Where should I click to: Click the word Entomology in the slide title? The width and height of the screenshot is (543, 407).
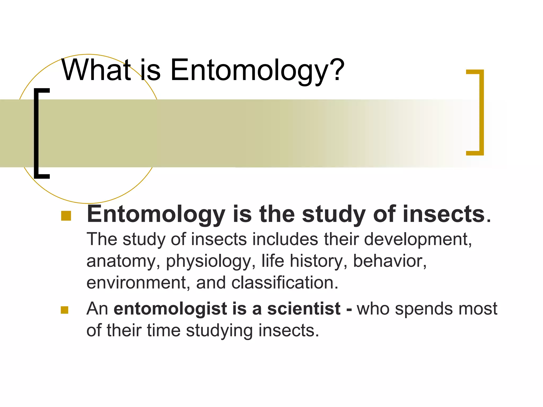(x=249, y=70)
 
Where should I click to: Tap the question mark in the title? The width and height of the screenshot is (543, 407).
(x=337, y=69)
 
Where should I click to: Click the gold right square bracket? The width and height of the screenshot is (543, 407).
(x=480, y=112)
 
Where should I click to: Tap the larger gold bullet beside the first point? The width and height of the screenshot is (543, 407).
(x=66, y=216)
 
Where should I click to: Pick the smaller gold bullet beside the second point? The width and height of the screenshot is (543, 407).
(x=64, y=310)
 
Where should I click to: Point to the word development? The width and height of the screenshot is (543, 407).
(x=418, y=239)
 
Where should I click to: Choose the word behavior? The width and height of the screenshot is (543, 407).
(x=389, y=261)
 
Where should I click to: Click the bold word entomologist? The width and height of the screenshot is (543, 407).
(x=170, y=309)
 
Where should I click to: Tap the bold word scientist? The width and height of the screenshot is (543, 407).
(x=304, y=309)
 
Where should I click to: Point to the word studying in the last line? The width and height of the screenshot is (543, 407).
(x=219, y=331)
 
